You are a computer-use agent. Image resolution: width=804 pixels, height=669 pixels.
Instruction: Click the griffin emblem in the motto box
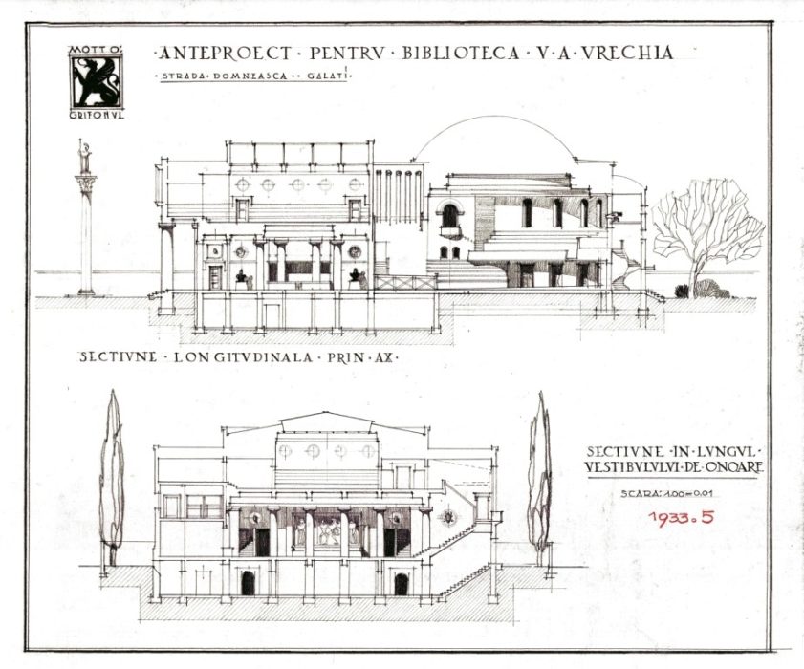pos(97,81)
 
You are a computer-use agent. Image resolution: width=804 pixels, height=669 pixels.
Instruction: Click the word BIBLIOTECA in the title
pos(460,53)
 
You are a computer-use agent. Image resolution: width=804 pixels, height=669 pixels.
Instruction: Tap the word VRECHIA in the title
pos(627,53)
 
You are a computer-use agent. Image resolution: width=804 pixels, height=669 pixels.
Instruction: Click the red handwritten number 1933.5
pos(681,517)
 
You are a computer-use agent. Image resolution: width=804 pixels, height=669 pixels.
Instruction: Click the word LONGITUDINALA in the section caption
pos(243,357)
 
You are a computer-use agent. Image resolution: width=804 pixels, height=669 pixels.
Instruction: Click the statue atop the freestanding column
pos(83,157)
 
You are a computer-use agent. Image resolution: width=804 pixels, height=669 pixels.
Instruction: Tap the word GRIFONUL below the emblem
pos(97,115)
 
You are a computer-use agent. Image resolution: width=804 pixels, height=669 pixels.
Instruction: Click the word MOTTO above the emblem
pos(96,51)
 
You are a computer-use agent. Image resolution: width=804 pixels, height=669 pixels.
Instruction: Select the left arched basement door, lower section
pos(249,583)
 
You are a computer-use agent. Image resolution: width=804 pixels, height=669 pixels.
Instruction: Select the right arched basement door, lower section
pos(402,584)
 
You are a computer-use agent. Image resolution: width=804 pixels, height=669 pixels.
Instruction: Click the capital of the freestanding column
pos(85,183)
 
